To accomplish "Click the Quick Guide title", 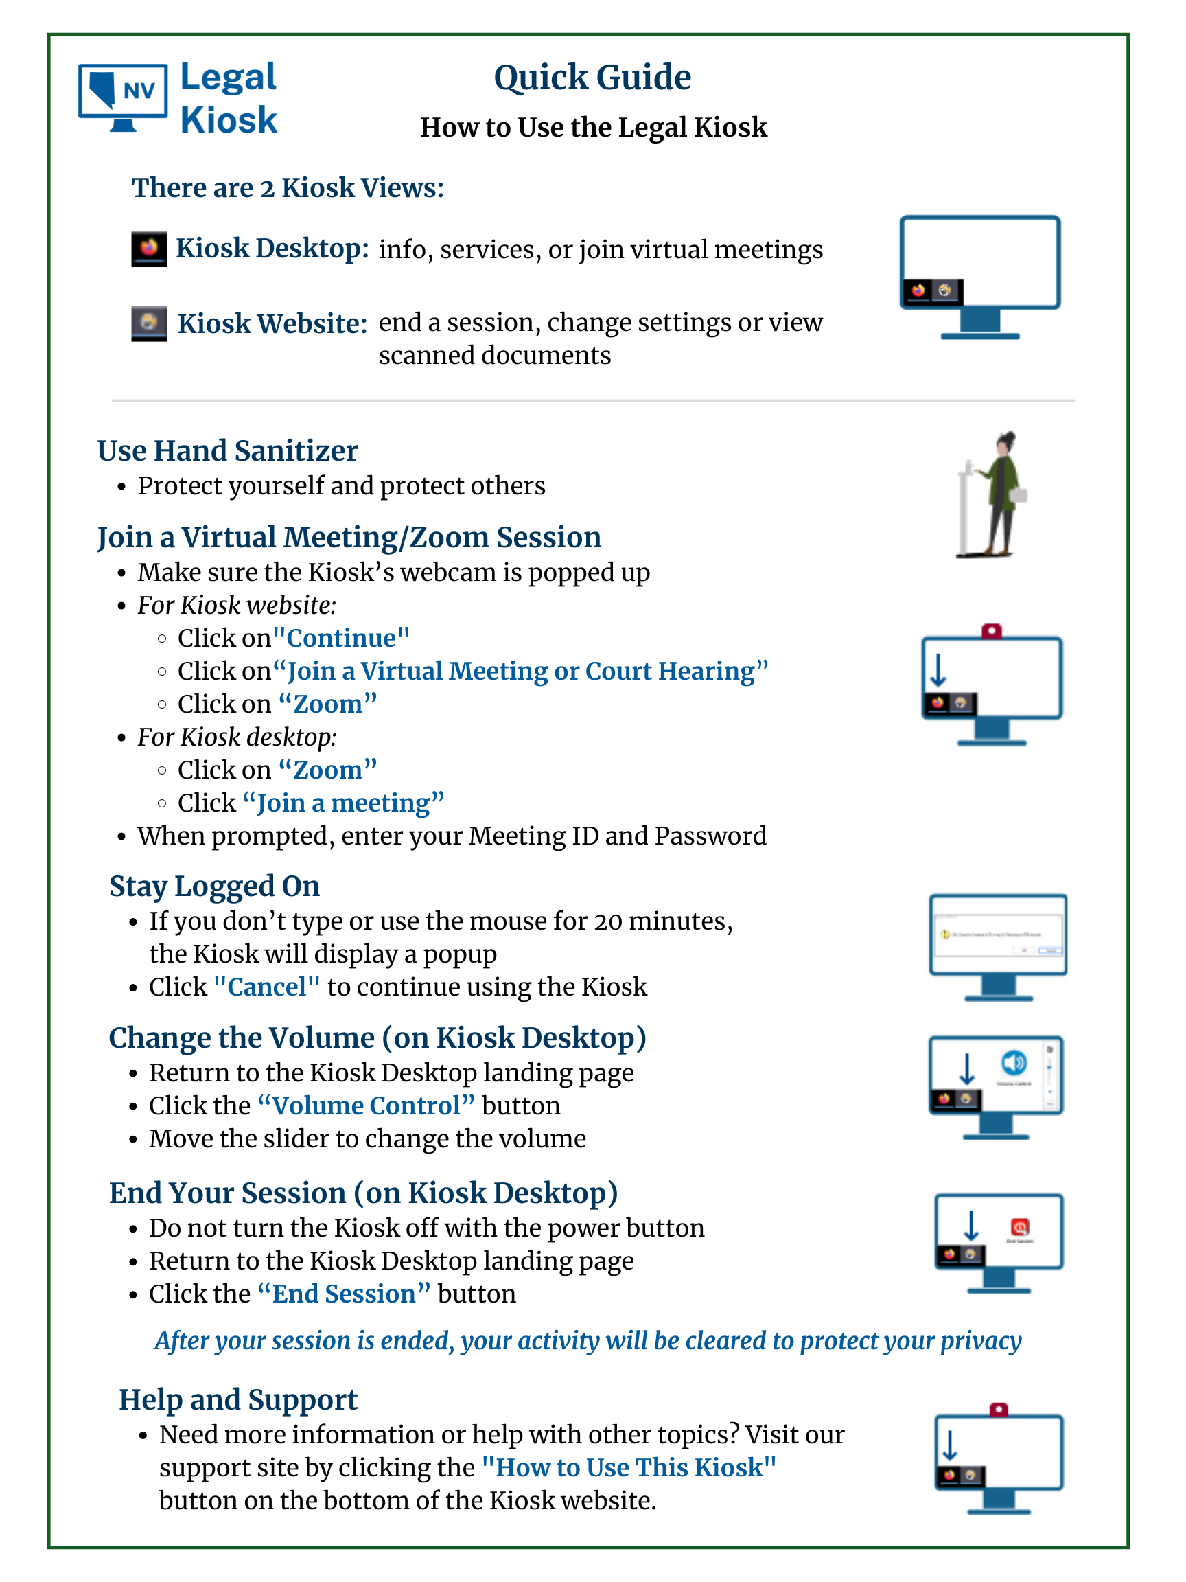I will pos(592,77).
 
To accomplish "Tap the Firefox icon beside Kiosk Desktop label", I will pos(149,249).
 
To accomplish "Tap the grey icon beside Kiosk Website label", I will pos(149,323).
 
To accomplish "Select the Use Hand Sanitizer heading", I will pos(227,450).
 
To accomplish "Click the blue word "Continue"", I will pos(341,638).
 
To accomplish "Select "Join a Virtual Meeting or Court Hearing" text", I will pos(520,671).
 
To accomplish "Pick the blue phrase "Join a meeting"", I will pos(343,803).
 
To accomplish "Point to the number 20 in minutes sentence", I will pos(607,921).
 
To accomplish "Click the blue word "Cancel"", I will pos(267,987).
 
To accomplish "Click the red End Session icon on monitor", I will pos(1019,1227).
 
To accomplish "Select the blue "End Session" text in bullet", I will pos(344,1294).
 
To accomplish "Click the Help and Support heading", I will pos(238,1399).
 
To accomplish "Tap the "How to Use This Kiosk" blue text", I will pos(629,1467).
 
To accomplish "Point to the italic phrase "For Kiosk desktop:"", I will pos(237,737).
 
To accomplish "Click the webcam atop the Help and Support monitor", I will pos(999,1409).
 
